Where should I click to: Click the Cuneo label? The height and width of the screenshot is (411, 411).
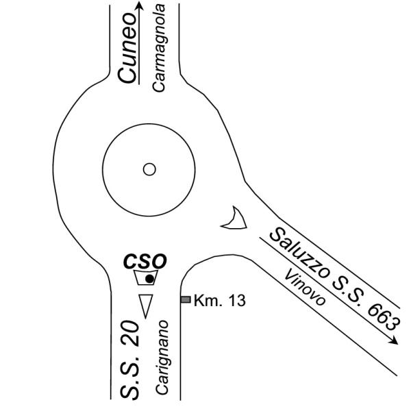coord(127,48)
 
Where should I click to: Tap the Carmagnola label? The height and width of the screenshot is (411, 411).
coord(159,48)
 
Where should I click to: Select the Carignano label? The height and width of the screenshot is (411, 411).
coord(161,357)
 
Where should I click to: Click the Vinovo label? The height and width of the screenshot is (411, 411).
coord(305,287)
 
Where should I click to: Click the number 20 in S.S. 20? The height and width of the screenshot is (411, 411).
coord(129,334)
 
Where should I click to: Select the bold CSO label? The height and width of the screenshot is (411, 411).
coord(145,262)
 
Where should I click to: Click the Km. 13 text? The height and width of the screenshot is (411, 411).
coord(220,301)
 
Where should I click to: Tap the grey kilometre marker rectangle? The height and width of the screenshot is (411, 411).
coord(186,299)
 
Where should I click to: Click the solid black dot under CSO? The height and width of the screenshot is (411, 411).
coord(149,279)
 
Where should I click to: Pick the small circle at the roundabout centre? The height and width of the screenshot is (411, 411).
coord(149,169)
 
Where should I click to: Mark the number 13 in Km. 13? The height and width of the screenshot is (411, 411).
coord(237,301)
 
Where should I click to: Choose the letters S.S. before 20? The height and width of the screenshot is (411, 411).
coord(129,375)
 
